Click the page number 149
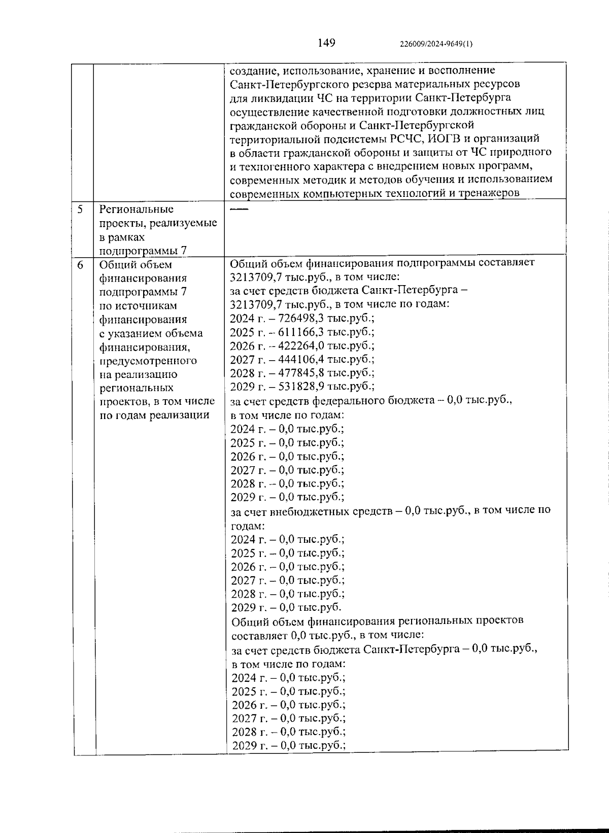pos(326,43)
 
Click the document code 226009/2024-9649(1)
pos(436,44)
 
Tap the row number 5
pos(81,209)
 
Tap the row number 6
pos(81,264)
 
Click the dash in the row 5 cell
pos(240,209)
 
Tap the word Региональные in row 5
pos(136,209)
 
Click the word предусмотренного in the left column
pos(148,361)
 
